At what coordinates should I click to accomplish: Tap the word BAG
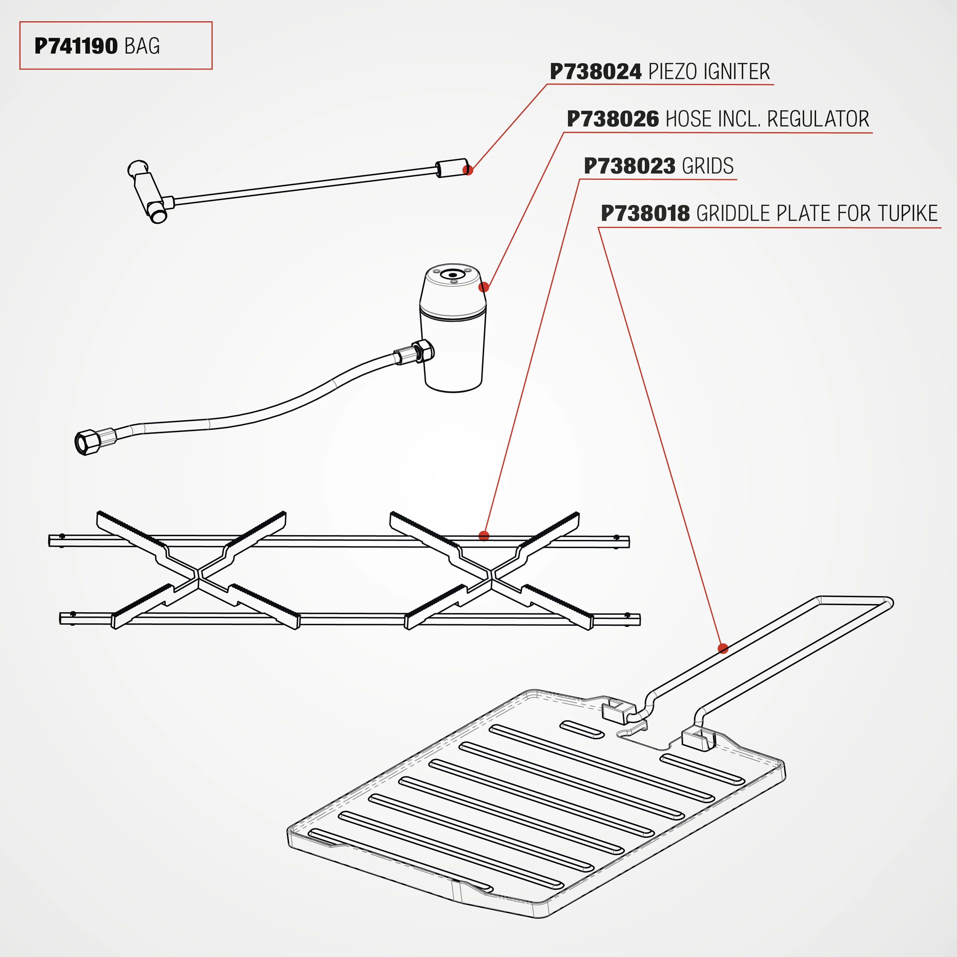pos(142,46)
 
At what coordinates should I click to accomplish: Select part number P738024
pos(596,72)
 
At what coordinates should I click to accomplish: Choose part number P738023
pos(629,166)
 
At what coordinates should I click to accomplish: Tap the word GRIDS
pos(708,166)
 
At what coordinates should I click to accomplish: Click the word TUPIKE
pos(907,214)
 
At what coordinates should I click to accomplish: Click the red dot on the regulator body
pos(484,287)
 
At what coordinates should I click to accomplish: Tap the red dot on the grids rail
pos(484,535)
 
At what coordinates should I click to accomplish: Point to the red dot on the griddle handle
pos(723,648)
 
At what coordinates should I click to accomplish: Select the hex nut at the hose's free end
pos(87,442)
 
